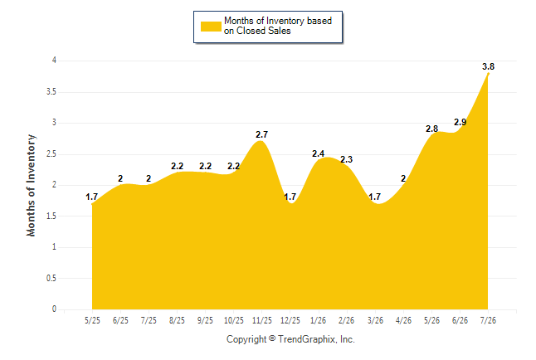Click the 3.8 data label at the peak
point(488,66)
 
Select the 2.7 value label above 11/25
point(262,134)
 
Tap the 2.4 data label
point(318,153)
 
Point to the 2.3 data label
point(346,159)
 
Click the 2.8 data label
point(431,129)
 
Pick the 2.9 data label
point(460,122)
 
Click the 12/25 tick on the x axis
point(290,320)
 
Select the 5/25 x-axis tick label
point(92,320)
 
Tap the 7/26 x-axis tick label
point(488,320)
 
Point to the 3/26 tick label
point(375,320)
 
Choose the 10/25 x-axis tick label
point(233,320)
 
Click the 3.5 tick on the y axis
point(51,91)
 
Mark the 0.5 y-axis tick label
point(51,278)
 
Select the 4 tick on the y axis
point(54,61)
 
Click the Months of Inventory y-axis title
point(31,185)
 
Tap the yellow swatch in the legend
point(211,27)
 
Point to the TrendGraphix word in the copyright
point(308,339)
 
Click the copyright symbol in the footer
point(272,338)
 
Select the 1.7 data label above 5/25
point(91,197)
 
